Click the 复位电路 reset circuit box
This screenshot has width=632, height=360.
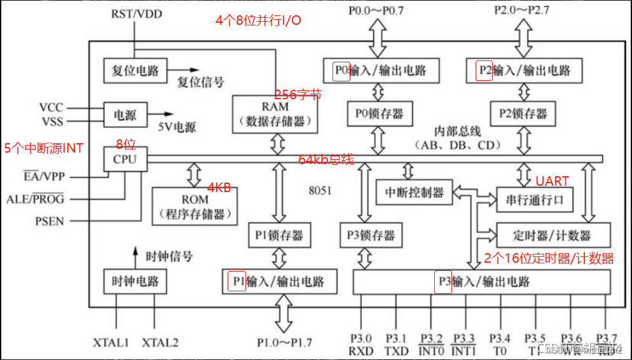click(135, 71)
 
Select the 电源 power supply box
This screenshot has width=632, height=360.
click(125, 116)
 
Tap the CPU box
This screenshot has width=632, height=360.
click(125, 158)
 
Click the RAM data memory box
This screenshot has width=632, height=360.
click(275, 114)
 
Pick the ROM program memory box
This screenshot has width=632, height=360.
click(195, 207)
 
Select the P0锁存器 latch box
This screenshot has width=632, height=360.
click(379, 114)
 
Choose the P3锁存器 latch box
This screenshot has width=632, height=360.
click(371, 235)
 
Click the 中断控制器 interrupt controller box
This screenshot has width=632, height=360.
click(414, 192)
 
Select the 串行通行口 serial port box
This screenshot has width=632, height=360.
click(534, 200)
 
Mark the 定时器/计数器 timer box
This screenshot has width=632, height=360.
click(553, 235)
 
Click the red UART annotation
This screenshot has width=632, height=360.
click(552, 181)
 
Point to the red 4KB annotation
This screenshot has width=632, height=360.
click(219, 188)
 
